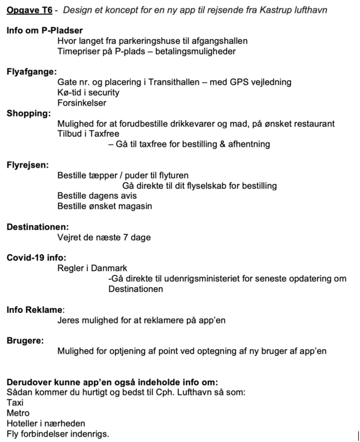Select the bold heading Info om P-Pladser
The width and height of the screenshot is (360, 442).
point(45,31)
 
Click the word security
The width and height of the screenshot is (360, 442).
point(103,93)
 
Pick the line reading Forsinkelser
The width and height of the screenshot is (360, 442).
point(82,103)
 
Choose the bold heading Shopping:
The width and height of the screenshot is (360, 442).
point(28,114)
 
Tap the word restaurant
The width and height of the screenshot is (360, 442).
point(314,124)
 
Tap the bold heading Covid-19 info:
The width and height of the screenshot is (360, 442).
point(36,258)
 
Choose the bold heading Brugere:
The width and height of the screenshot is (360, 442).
point(25,341)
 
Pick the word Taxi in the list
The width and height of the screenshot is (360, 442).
point(15,403)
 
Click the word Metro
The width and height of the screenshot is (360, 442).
point(18,413)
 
